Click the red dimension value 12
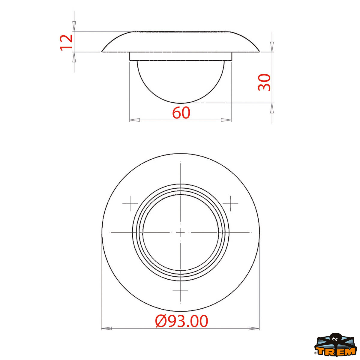coord(66,43)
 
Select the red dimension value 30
coord(264,82)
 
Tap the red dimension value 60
coord(181,113)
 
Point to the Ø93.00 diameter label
coord(181,321)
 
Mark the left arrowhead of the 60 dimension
coord(134,120)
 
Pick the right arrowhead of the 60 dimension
coord(226,120)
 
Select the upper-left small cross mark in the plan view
coord(130,203)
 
